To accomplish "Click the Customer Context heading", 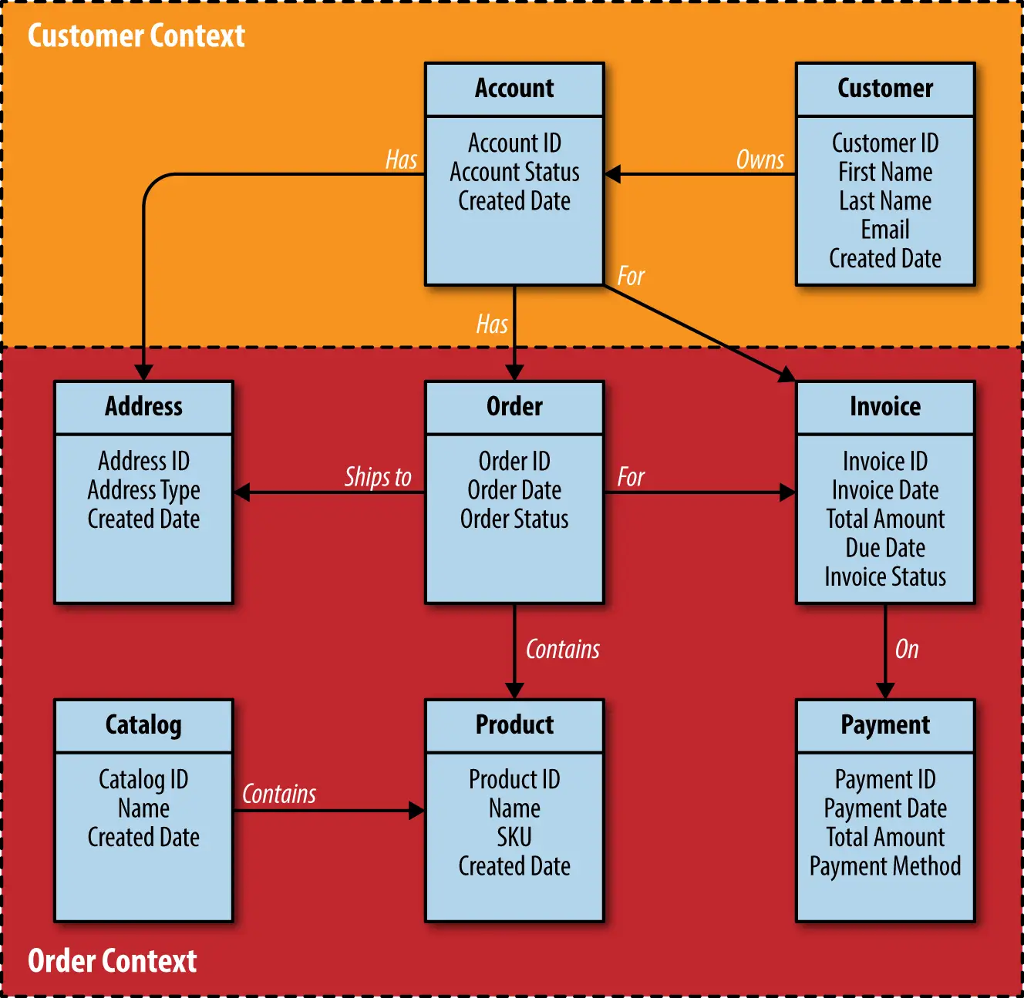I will coord(136,35).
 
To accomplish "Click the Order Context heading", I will coord(112,961).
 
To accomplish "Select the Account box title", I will coord(514,89).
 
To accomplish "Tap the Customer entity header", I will coord(885,89).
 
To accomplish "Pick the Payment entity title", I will coord(885,725).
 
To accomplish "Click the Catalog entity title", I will coord(143,725).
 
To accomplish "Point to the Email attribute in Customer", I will coord(885,230).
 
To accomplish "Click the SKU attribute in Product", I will coord(514,837).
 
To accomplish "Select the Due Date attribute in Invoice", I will coord(885,548).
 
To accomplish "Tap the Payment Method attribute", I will coord(885,866).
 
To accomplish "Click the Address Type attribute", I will coord(143,490).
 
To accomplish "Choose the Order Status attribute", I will coord(514,519).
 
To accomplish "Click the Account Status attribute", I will coord(514,172).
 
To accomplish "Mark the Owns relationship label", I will coord(760,160).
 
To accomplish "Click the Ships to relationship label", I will coord(378,477).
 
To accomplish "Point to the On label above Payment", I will coord(907,650).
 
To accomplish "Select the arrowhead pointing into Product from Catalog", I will coord(416,811).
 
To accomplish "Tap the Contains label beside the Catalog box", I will coord(279,795).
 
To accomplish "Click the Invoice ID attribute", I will coord(885,462).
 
